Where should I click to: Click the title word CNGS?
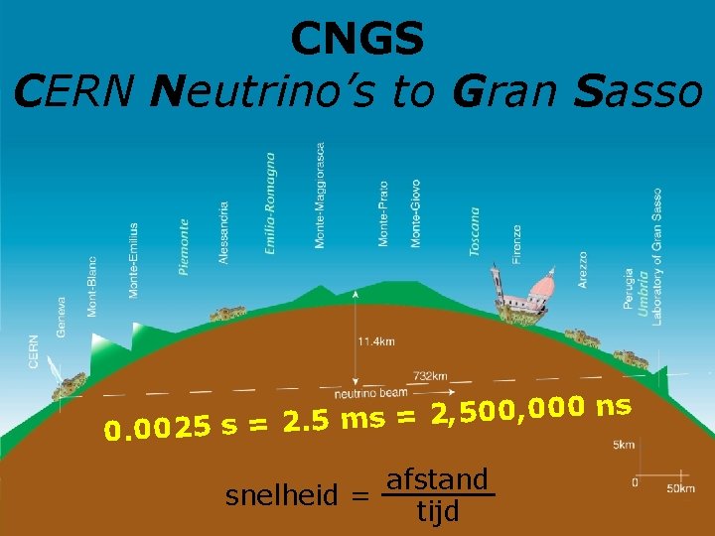[x=357, y=40]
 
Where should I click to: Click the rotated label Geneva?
[x=62, y=317]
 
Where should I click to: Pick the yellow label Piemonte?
[x=183, y=247]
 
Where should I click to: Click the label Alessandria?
[x=224, y=232]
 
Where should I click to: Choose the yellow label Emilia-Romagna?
[x=271, y=203]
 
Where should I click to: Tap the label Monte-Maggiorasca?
[x=320, y=196]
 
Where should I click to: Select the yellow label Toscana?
[x=475, y=232]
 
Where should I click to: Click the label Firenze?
[x=516, y=243]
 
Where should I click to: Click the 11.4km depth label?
[x=376, y=341]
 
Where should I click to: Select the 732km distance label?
[x=431, y=376]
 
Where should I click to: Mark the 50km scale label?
[x=680, y=488]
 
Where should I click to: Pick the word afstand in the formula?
[x=438, y=480]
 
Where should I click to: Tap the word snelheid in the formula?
[x=288, y=495]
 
